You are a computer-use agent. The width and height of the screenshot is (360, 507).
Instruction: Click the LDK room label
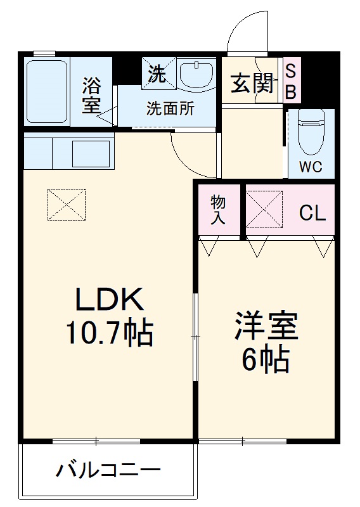click(x=110, y=298)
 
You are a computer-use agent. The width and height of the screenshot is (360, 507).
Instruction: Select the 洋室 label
click(x=266, y=326)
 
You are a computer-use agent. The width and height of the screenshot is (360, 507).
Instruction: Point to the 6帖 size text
click(x=266, y=359)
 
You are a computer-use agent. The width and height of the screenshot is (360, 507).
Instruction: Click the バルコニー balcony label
click(x=108, y=471)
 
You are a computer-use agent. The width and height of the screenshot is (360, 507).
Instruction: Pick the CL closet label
click(x=312, y=213)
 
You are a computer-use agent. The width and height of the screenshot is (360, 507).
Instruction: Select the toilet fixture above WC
click(x=310, y=132)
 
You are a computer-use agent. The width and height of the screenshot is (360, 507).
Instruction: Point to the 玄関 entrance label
click(x=252, y=82)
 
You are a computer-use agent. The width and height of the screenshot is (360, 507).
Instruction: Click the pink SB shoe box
click(x=291, y=80)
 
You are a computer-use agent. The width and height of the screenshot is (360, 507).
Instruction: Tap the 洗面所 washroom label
click(x=170, y=108)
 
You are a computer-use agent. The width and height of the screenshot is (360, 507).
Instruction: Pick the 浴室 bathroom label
click(x=91, y=96)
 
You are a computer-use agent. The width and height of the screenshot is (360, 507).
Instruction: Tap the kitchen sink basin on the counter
click(x=91, y=153)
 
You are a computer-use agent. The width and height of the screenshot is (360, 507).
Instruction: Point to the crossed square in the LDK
click(x=65, y=204)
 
